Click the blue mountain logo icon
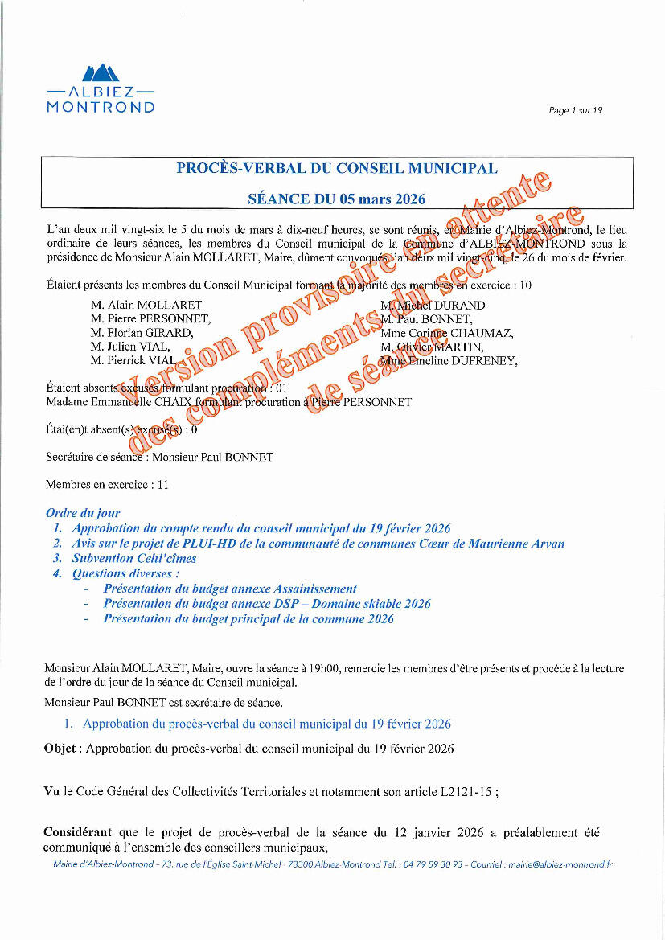point(101,72)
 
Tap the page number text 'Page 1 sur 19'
point(575,111)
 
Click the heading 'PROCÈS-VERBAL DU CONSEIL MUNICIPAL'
point(337,169)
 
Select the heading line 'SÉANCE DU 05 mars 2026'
point(337,199)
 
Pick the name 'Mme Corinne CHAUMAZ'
point(446,333)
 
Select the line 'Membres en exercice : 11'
point(107,485)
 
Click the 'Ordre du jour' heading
point(83,513)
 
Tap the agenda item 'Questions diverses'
point(125,573)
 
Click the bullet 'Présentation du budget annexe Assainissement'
point(230,589)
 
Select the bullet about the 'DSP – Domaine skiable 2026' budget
point(267,604)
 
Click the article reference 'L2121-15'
point(466,791)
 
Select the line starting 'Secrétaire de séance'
point(159,457)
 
